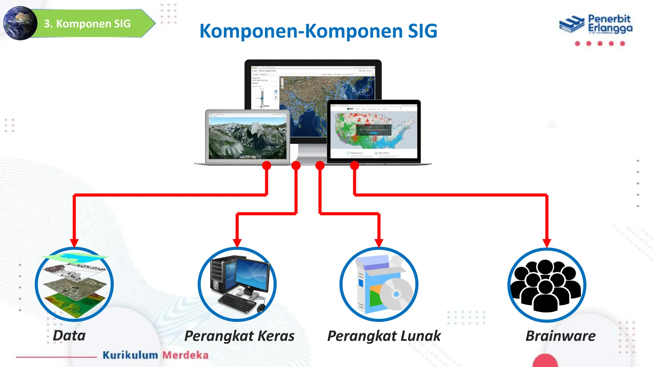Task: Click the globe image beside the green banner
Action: [x=20, y=23]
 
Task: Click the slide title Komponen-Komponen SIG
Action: [x=318, y=31]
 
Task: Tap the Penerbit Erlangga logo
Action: [x=596, y=25]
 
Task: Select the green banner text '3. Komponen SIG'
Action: [x=87, y=24]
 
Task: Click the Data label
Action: [x=69, y=335]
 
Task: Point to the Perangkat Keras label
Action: [x=239, y=336]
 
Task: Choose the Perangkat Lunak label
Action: [x=384, y=336]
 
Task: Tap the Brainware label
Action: [x=560, y=336]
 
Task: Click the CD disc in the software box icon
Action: [x=396, y=294]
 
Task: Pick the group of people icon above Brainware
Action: [x=547, y=285]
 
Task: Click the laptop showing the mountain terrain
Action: [x=247, y=137]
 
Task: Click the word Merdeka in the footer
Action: [x=185, y=355]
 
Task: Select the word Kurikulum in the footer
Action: [x=130, y=355]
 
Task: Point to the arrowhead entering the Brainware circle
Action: [x=547, y=243]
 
